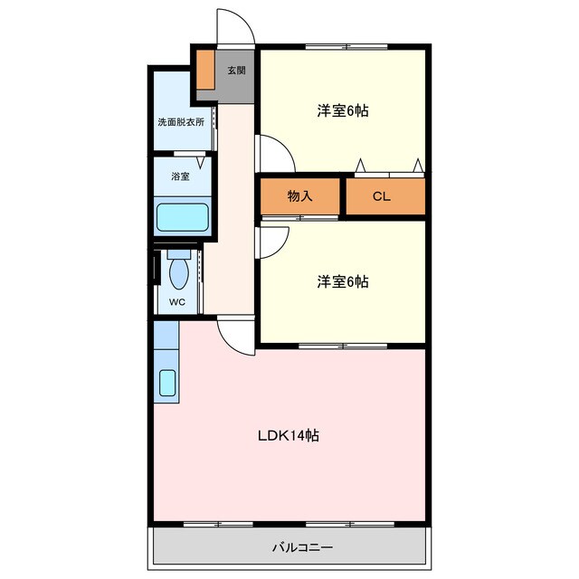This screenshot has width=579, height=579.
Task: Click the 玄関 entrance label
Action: coord(235,71)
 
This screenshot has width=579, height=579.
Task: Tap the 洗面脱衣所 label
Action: coord(181,121)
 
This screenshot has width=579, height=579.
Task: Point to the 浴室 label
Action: coord(180,176)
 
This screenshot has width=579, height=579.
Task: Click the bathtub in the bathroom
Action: coord(183,218)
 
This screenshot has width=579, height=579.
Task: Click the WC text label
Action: coord(176,303)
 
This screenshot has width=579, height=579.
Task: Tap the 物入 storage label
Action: coord(299,196)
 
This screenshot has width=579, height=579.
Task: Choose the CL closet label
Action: coord(381,196)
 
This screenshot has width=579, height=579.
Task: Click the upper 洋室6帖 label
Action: coord(342,111)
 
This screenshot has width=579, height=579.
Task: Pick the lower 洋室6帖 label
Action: coord(342,281)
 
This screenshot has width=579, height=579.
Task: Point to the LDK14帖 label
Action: coord(289,435)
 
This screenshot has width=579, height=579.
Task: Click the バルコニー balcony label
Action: coord(302,547)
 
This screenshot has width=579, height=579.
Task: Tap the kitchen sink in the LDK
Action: coord(167,384)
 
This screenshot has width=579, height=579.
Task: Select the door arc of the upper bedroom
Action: coord(277,152)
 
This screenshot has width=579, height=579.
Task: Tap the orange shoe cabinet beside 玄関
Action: coord(204,71)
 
